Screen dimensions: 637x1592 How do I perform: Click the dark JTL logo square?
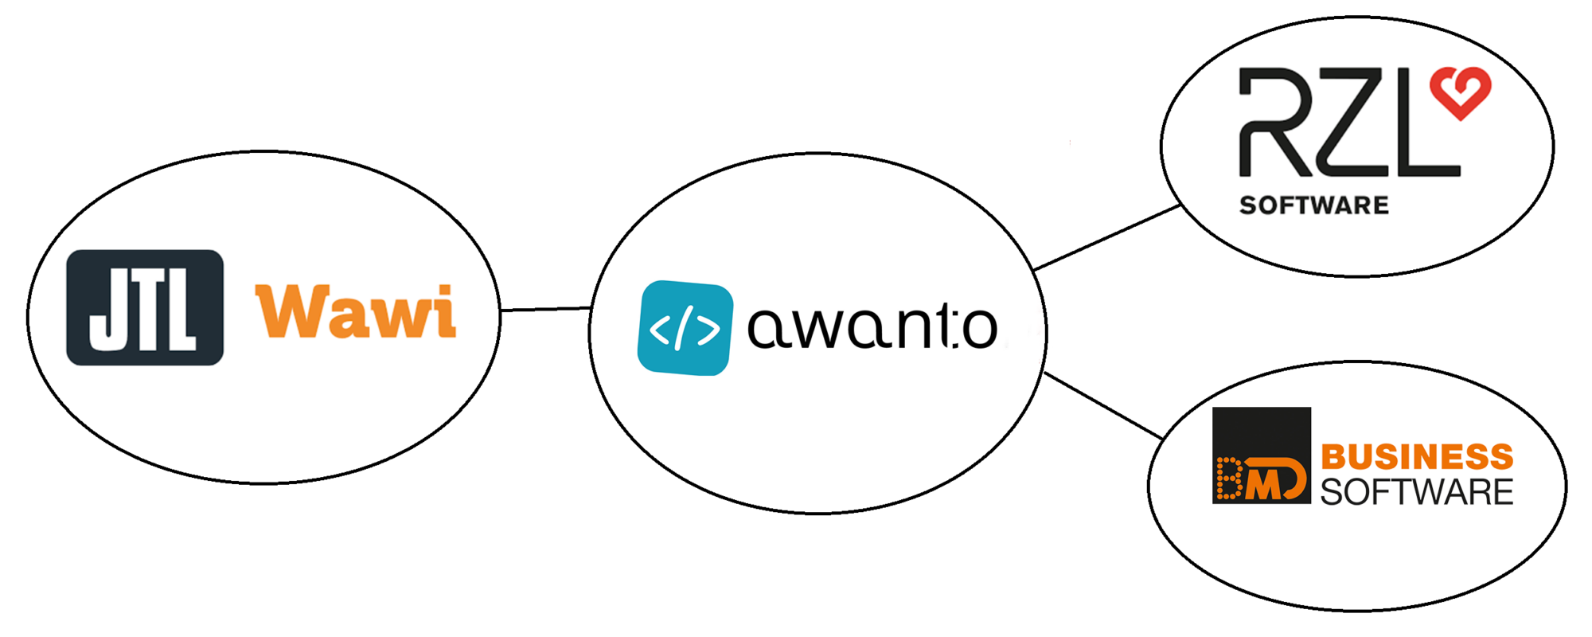click(145, 307)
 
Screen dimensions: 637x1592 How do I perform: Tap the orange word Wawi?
click(356, 311)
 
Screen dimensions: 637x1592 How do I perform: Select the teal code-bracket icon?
click(685, 327)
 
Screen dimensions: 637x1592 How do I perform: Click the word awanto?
click(872, 326)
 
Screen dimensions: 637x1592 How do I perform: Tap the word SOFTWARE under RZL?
click(1313, 205)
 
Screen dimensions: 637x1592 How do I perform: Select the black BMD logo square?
click(1261, 455)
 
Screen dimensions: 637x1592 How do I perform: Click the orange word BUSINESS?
click(1417, 457)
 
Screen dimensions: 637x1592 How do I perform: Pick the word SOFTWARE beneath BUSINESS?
click(1417, 492)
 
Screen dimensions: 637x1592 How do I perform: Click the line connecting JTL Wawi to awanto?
click(545, 309)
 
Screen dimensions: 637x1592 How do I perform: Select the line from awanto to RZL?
click(1106, 237)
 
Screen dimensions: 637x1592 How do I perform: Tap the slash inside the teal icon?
click(682, 327)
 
